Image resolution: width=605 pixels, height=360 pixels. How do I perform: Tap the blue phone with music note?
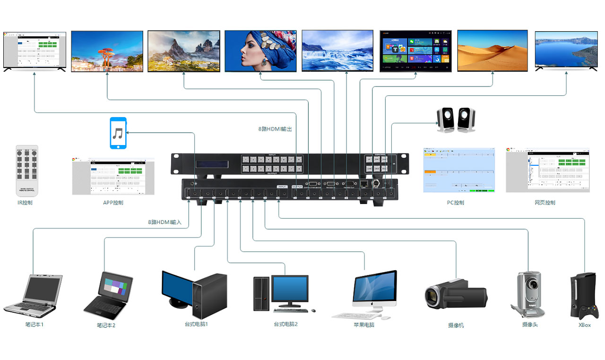(118, 133)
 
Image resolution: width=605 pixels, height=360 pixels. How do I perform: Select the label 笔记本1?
(34, 325)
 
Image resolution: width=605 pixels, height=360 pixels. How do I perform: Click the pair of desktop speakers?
(456, 119)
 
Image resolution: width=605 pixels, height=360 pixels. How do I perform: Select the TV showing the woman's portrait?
(260, 51)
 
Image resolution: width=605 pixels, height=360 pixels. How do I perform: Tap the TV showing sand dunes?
(492, 51)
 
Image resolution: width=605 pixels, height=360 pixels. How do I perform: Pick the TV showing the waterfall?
(337, 51)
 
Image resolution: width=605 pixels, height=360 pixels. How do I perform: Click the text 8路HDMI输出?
(276, 129)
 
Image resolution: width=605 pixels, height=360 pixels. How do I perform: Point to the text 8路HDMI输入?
(164, 222)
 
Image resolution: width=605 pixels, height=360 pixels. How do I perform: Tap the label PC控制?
(455, 203)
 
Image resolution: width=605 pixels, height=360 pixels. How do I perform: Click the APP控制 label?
(113, 203)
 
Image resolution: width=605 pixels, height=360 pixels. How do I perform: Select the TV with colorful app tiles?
(415, 51)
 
